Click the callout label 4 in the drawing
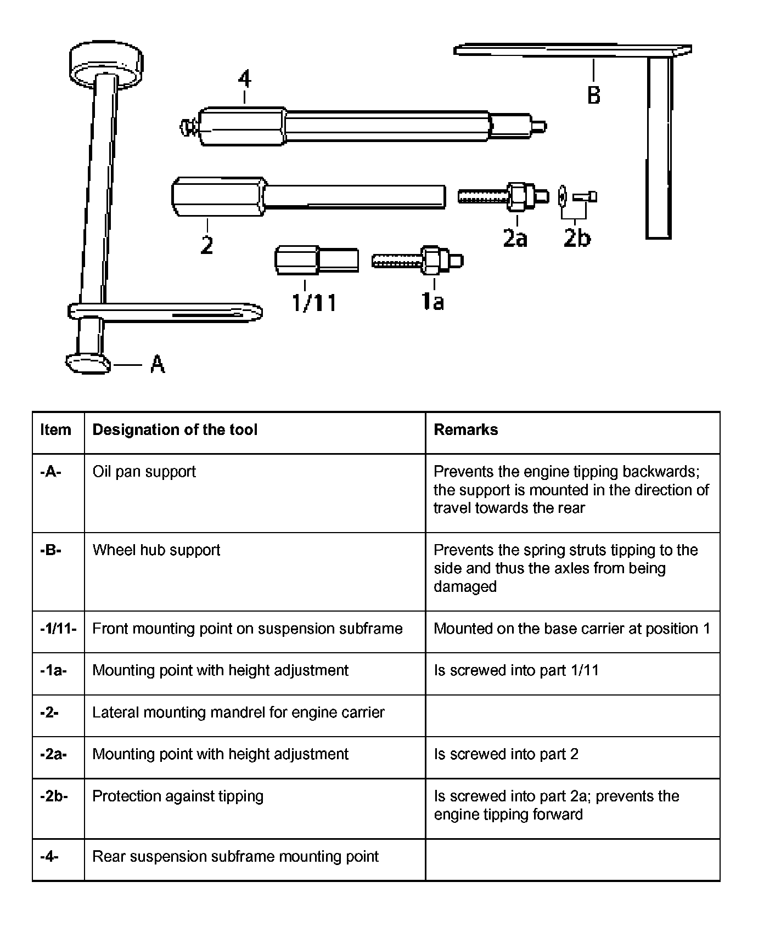[x=244, y=79]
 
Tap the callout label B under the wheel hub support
[x=594, y=95]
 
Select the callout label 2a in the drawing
[x=515, y=238]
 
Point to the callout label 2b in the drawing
[x=577, y=238]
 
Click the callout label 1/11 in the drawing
[x=314, y=302]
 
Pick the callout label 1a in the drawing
[x=432, y=301]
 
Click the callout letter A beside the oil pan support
[x=158, y=364]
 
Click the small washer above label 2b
[x=561, y=196]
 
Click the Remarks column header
[x=466, y=429]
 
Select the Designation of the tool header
[x=175, y=429]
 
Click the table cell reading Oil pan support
[x=144, y=472]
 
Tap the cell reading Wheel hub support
[x=156, y=550]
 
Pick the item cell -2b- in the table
[x=54, y=796]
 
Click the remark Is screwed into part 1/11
[x=516, y=670]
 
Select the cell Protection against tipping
[x=178, y=796]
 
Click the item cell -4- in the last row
[x=49, y=856]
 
